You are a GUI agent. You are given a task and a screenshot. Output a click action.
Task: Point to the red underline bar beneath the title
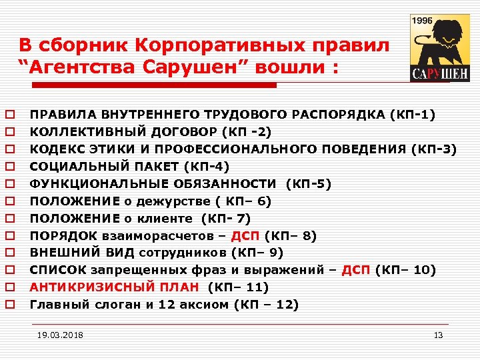coord(147,85)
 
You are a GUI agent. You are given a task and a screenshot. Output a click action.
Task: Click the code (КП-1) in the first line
coord(413,114)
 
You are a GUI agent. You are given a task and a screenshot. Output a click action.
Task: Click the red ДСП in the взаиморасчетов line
coord(245,235)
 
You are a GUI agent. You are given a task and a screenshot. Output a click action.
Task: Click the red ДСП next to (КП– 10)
coord(355,270)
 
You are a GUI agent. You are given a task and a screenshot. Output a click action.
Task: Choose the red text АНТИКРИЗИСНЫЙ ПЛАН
coord(114,287)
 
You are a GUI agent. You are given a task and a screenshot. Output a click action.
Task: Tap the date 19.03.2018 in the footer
coord(61,335)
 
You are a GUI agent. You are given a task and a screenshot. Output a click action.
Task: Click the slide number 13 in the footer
coord(438,335)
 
